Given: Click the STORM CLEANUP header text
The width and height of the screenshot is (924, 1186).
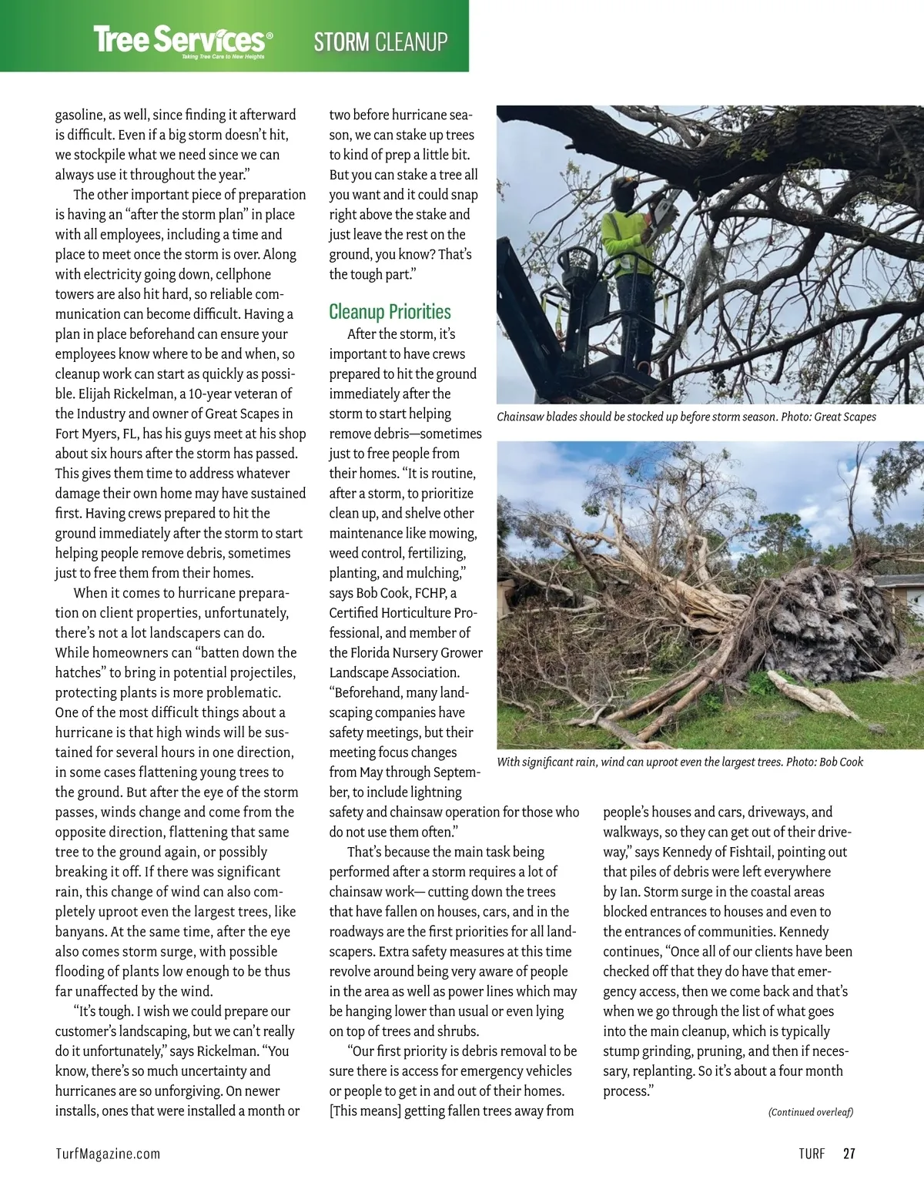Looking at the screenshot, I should [x=380, y=41].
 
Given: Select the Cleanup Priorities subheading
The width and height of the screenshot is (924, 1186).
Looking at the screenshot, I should [x=390, y=312].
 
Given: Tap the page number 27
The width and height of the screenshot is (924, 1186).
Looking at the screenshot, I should [x=849, y=1154].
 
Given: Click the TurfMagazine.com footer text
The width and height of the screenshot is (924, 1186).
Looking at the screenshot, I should [x=108, y=1154].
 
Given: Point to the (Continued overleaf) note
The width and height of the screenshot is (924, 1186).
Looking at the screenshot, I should [x=810, y=1112].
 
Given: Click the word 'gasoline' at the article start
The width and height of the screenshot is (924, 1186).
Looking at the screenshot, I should [x=79, y=116].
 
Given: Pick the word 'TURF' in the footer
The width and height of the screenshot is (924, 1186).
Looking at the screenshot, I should [x=812, y=1154].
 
